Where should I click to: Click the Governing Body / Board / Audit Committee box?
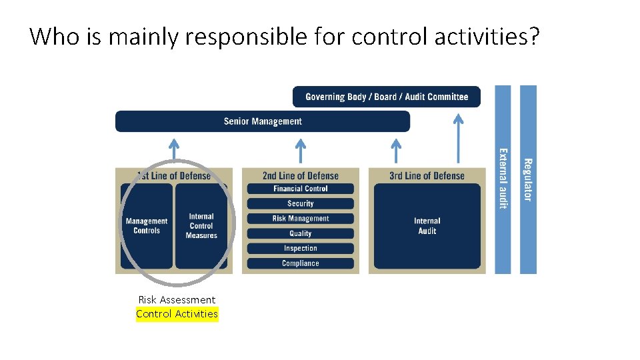pos(386,97)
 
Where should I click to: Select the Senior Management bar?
pos(263,121)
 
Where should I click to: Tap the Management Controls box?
pos(147,226)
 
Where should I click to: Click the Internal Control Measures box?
pos(201,226)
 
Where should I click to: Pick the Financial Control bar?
pos(301,189)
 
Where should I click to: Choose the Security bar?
pos(301,203)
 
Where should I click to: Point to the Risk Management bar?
pos(301,219)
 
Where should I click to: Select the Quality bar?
pos(301,233)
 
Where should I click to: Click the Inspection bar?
pos(301,249)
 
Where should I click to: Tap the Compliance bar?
pos(301,263)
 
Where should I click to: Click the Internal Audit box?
pos(427,226)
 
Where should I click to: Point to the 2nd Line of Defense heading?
pos(301,176)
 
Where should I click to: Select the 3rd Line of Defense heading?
pos(427,176)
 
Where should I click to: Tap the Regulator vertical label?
pos(527,179)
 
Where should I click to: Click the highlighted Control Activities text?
pos(177,314)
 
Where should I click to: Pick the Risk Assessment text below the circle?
pos(177,300)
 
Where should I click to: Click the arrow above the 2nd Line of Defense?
pos(301,149)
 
